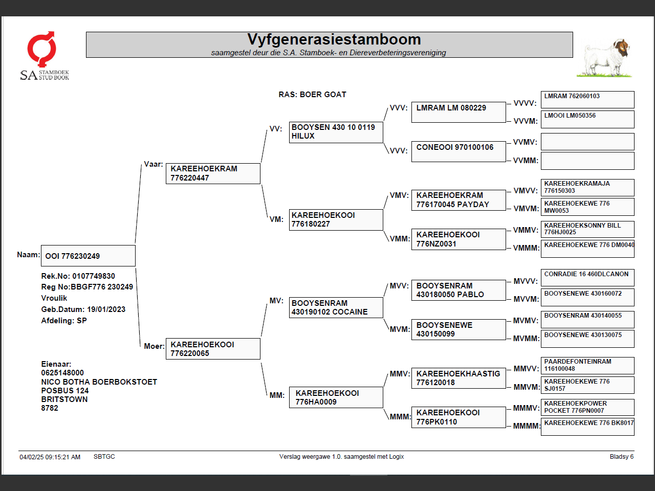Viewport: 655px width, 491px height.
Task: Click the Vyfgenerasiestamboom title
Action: point(334,39)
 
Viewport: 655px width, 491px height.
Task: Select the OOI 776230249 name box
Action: point(88,256)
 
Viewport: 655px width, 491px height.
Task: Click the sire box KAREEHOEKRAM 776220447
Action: point(213,173)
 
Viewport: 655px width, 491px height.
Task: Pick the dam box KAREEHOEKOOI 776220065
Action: point(213,349)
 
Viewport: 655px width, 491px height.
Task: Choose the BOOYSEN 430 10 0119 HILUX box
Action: point(336,132)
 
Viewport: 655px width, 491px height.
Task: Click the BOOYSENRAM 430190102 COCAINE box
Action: point(336,307)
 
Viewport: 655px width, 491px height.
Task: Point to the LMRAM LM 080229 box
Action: point(458,112)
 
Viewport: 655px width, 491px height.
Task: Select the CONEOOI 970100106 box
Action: point(458,151)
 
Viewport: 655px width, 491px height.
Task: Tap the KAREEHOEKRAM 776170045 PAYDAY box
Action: point(458,200)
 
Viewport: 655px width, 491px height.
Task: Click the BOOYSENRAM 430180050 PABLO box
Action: point(458,290)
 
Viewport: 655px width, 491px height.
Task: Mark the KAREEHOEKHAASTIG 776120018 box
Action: point(458,378)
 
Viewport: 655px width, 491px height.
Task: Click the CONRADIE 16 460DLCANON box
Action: point(587,277)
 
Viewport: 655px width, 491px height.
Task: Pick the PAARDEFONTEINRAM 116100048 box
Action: point(587,365)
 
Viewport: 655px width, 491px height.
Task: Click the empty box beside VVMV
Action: point(587,142)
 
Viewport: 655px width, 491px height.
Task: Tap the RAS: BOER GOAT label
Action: point(312,95)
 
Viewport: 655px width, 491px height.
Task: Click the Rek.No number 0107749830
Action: point(94,276)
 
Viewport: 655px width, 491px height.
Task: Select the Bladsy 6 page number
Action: point(621,457)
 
